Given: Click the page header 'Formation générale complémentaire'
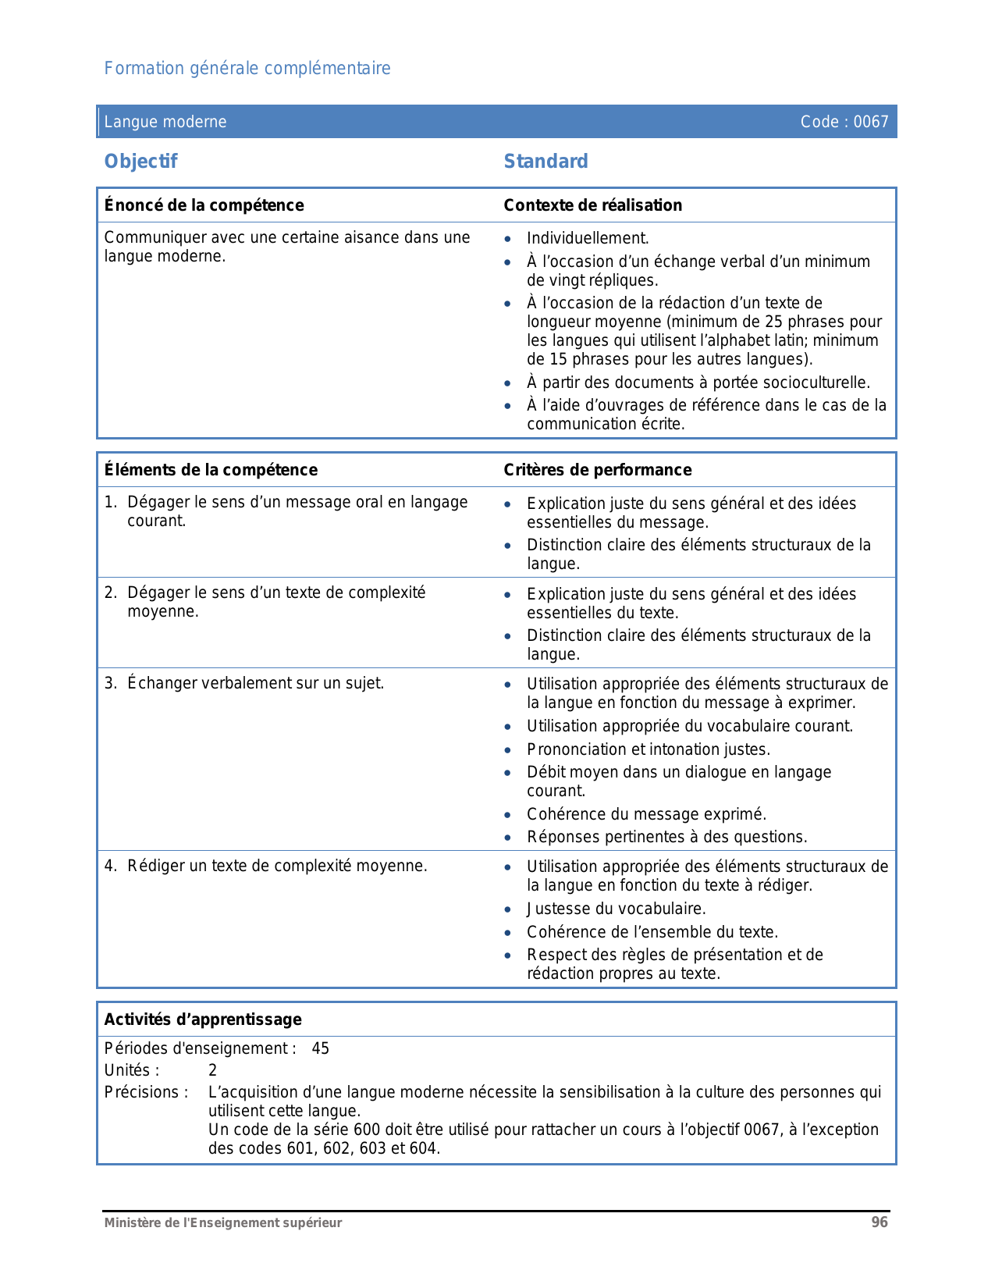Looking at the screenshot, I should coord(247,69).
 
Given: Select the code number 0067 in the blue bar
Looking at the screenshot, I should coord(871,122).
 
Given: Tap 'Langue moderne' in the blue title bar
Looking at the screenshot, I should coord(165,122).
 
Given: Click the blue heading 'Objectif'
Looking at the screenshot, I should coord(141,162).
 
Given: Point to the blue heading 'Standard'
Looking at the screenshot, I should coord(545,162).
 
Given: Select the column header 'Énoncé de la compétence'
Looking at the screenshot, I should coord(204,205).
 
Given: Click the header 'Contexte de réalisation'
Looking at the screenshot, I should coord(592,205).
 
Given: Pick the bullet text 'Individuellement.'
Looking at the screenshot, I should coord(588,239).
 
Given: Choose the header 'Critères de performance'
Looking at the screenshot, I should coord(597,470).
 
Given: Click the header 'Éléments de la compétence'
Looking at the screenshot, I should coord(211,470).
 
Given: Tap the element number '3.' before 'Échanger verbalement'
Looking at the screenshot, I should coord(111,684).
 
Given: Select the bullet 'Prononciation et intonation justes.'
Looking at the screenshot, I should coord(648,750).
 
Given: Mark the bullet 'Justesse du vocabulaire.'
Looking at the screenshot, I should coord(616,909).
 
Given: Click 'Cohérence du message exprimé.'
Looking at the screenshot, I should coord(646,815).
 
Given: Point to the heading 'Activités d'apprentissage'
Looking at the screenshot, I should coord(203,1019).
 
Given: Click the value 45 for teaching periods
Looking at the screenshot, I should coord(321,1049).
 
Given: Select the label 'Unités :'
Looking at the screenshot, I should coord(132,1071).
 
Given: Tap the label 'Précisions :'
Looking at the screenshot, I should coord(147,1093).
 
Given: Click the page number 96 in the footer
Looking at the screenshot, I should coord(880,1222).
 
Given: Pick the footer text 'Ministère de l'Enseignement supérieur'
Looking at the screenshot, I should coord(223,1223).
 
